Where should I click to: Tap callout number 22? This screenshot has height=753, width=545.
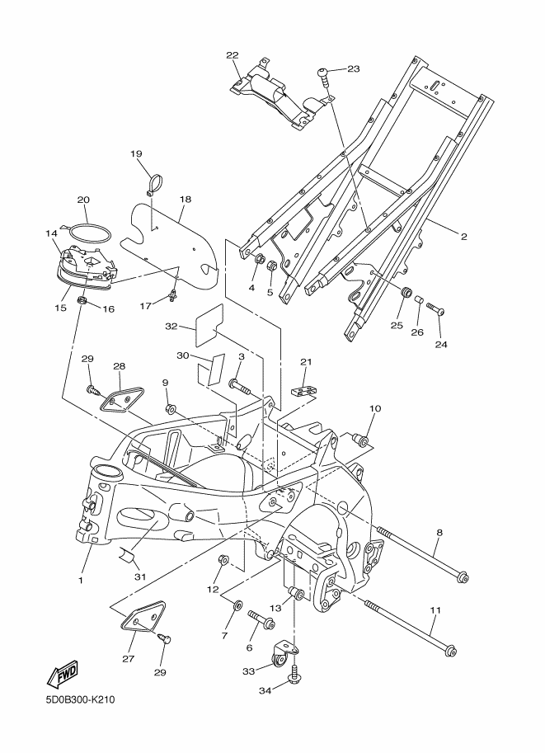pyautogui.click(x=233, y=55)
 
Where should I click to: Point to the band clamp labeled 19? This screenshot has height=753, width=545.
pyautogui.click(x=155, y=186)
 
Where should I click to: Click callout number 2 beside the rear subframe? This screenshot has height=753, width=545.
pyautogui.click(x=463, y=236)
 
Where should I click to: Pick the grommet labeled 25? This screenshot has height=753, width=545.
pyautogui.click(x=406, y=292)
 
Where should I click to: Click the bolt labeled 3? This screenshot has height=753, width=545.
pyautogui.click(x=239, y=385)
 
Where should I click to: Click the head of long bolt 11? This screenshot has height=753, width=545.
pyautogui.click(x=450, y=652)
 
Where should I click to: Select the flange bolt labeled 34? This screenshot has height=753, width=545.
pyautogui.click(x=294, y=672)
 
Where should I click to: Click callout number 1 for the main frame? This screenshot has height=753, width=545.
pyautogui.click(x=81, y=580)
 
